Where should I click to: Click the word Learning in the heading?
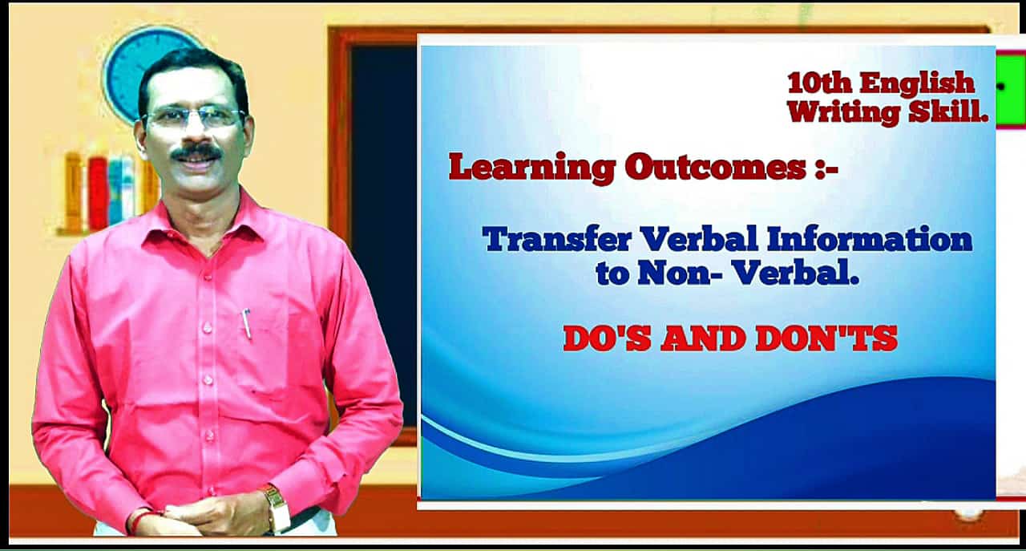click(531, 168)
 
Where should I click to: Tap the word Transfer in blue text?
click(557, 239)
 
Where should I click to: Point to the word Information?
click(870, 239)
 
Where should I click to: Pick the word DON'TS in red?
click(826, 338)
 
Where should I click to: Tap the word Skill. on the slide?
click(948, 111)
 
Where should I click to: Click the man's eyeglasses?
click(194, 117)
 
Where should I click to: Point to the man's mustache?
click(196, 152)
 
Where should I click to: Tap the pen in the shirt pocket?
click(247, 324)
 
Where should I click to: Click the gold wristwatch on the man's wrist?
click(277, 508)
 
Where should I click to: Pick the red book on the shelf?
click(98, 193)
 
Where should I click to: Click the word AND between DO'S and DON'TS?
click(702, 338)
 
